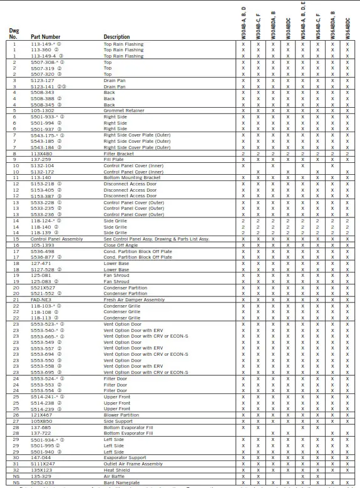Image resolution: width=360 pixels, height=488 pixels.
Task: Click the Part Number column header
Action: pyautogui.click(x=46, y=37)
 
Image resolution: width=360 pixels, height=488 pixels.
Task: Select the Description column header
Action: pyautogui.click(x=116, y=37)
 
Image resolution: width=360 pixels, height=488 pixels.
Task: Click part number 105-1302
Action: pyautogui.click(x=42, y=110)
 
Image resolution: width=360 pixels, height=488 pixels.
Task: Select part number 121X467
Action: pyautogui.click(x=41, y=414)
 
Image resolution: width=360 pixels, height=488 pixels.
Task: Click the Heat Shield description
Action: pyautogui.click(x=118, y=469)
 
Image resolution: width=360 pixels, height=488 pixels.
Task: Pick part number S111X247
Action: pyautogui.click(x=42, y=463)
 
